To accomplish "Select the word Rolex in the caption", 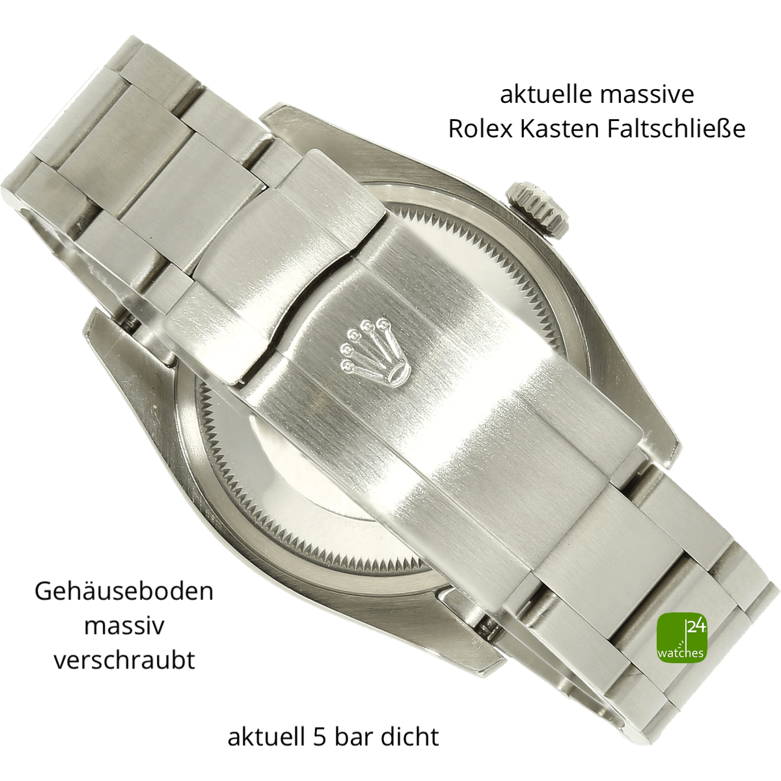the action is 480,129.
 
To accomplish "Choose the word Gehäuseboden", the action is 124,592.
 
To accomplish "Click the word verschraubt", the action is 124,660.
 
